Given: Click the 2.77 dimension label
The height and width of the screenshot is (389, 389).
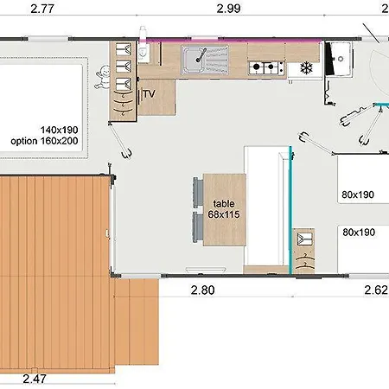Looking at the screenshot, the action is click(42, 9).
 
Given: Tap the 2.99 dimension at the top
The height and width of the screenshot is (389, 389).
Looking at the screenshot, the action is click(228, 9).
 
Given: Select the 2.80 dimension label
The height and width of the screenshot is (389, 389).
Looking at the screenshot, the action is click(202, 290).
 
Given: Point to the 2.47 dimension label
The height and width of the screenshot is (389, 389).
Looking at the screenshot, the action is click(35, 379).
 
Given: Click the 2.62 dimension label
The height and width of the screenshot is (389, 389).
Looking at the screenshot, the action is click(376, 290).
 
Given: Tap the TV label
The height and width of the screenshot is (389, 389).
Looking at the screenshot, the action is click(150, 94).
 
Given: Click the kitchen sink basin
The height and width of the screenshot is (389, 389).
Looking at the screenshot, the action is click(194, 61).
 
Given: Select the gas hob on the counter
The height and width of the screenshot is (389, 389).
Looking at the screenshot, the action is click(265, 67).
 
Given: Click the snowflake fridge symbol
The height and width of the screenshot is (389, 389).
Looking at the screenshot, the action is click(306, 68).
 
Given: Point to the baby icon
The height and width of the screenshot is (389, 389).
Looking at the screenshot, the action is click(103, 77).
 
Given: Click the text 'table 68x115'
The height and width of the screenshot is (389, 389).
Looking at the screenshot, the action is click(224, 209).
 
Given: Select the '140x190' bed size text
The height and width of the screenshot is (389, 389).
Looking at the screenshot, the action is click(59, 130).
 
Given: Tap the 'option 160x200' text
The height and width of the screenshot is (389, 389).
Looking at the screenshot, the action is click(44, 141).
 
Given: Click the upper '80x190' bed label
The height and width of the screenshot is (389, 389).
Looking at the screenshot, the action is click(358, 194).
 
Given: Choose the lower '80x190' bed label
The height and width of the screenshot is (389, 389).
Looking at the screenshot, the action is click(359, 233).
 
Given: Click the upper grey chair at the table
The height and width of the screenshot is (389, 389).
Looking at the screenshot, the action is click(198, 193).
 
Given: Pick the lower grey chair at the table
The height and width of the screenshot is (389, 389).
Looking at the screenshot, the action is click(198, 227).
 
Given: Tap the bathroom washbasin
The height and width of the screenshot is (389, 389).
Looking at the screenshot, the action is click(340, 59).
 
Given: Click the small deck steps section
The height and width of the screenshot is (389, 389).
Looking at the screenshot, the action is click(137, 322).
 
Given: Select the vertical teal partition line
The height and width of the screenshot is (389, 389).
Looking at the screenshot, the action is click(290, 210).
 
